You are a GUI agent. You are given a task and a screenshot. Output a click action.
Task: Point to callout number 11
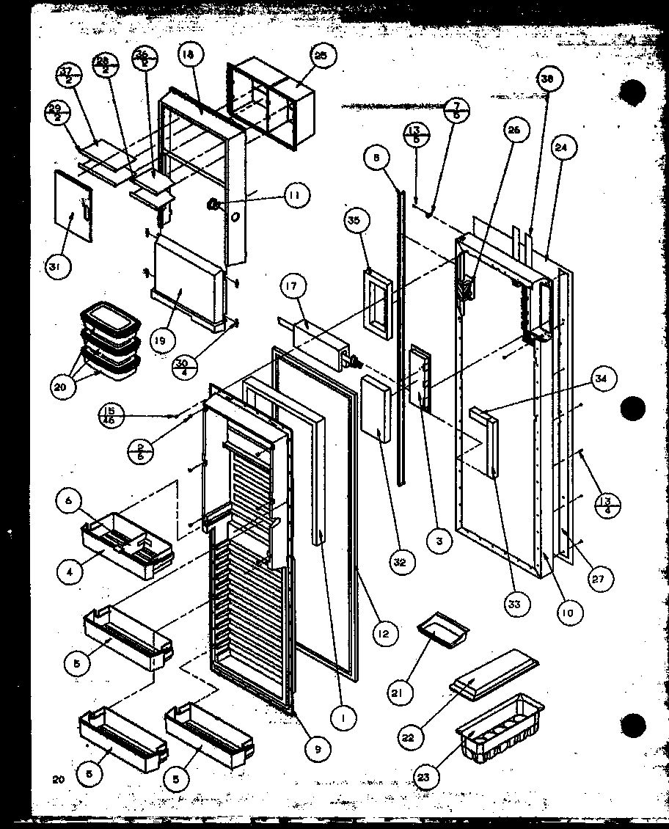click(294, 195)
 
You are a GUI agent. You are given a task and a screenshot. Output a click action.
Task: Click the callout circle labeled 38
click(546, 79)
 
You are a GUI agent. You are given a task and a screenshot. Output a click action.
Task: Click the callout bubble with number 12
click(384, 632)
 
